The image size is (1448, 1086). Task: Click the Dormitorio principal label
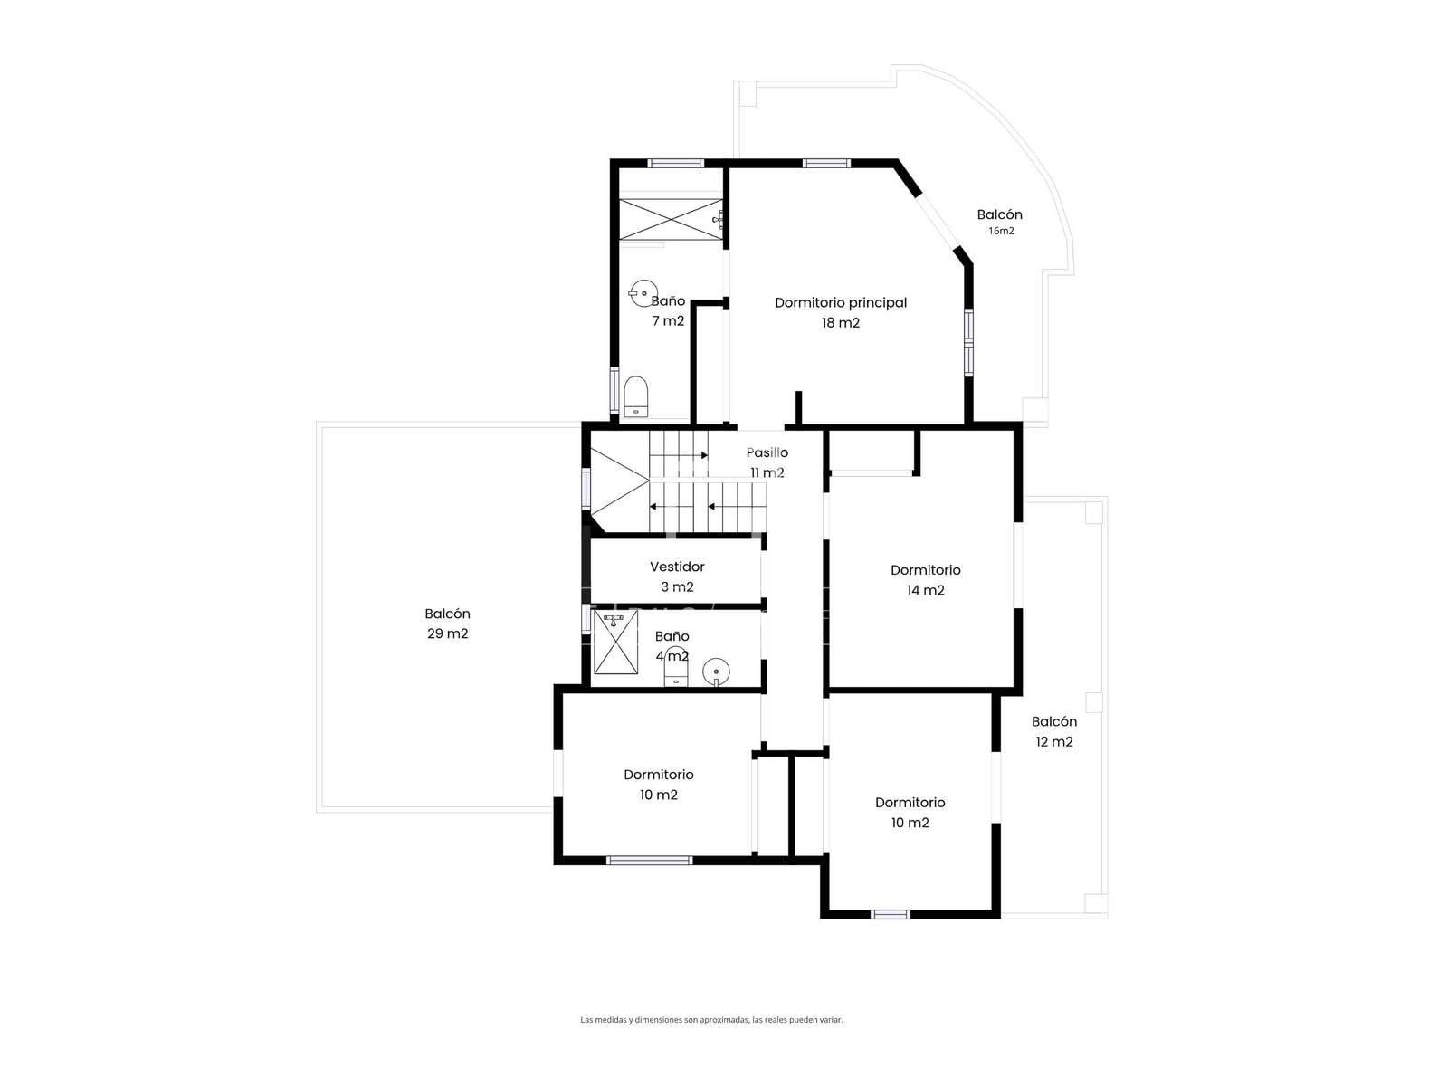[840, 302]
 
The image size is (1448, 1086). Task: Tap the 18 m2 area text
[841, 322]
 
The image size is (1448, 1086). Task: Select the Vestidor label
[677, 567]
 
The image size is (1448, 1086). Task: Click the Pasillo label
[767, 452]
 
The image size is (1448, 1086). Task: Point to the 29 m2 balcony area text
[447, 633]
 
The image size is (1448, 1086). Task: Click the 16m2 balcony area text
[1001, 231]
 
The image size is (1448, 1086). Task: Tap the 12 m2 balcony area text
[1053, 742]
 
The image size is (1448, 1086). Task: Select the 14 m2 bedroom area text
[925, 590]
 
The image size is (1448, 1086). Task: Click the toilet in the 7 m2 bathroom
[635, 397]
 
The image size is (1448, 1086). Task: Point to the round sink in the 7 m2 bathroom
[643, 293]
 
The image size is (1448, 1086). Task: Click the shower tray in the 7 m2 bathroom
[671, 219]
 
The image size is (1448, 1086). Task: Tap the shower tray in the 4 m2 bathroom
[615, 642]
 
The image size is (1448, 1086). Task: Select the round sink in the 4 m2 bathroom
[716, 672]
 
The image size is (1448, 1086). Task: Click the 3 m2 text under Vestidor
[677, 586]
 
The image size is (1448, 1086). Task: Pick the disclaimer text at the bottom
[711, 1019]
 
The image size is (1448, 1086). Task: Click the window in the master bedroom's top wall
[826, 164]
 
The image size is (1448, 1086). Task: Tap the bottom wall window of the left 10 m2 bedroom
[649, 860]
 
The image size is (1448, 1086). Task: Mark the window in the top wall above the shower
[675, 164]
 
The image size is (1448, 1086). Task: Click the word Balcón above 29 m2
[447, 614]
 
